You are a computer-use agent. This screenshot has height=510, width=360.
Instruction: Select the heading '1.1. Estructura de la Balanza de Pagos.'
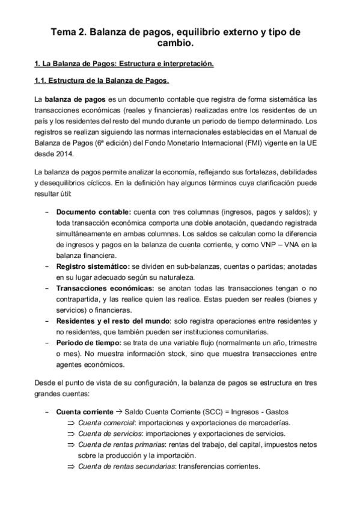(x=101, y=80)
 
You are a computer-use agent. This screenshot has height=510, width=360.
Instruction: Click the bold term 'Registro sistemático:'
(x=90, y=266)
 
